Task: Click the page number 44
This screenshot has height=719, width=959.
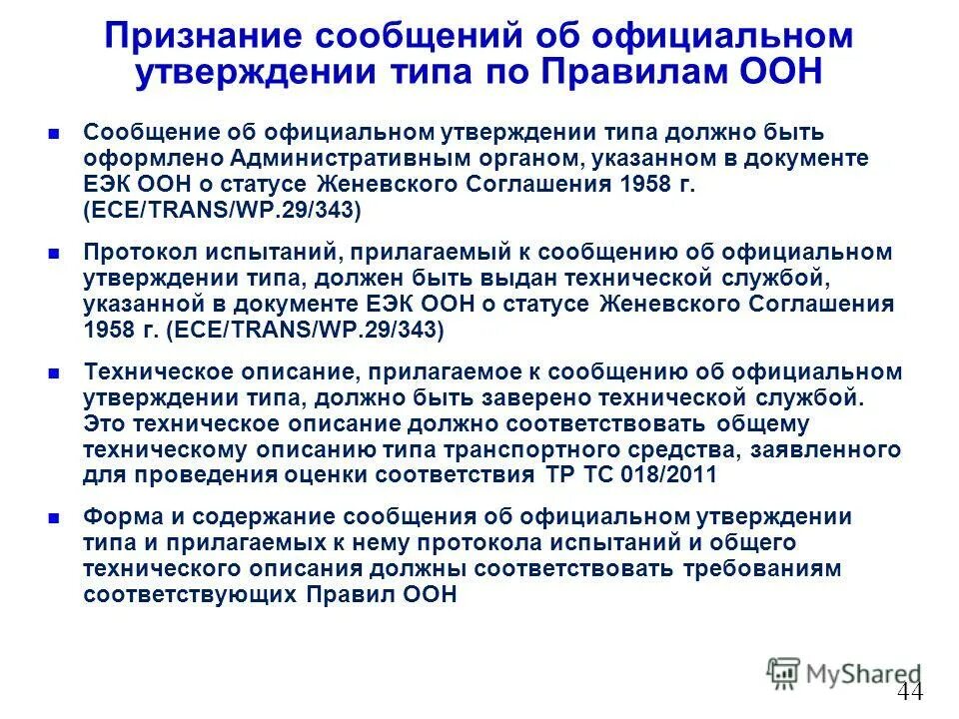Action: pos(910,693)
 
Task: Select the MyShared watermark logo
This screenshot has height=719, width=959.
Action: pos(844,674)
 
